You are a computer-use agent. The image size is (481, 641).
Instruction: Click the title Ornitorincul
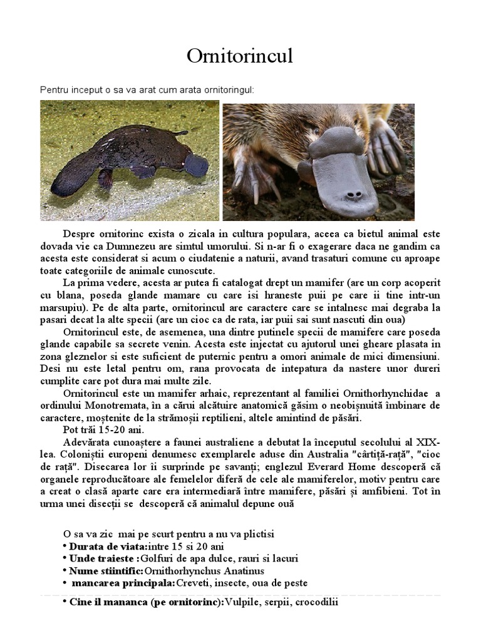tap(240, 56)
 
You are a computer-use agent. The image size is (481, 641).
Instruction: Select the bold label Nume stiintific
tap(106, 571)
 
